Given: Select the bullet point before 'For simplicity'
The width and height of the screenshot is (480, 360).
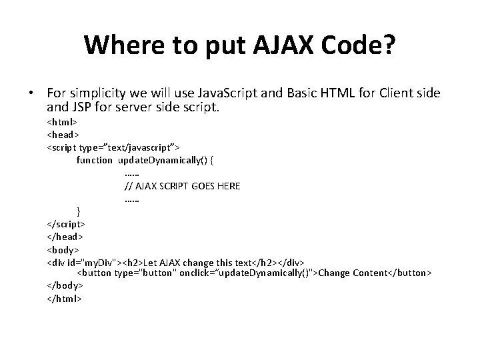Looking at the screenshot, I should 31,93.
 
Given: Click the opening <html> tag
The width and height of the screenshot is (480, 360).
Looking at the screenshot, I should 62,123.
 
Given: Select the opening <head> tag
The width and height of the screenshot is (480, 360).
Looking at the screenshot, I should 63,135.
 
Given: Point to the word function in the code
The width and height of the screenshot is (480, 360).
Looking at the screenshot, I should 95,161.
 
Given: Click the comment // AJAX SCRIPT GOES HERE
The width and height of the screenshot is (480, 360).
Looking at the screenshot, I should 182,186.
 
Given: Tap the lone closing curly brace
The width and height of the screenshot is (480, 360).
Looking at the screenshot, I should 79,211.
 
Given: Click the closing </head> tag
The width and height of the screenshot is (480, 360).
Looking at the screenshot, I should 65,237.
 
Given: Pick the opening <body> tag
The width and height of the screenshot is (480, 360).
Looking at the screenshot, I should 63,249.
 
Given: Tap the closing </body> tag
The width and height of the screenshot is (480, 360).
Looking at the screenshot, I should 65,285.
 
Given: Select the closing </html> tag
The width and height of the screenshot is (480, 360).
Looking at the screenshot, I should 64,298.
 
